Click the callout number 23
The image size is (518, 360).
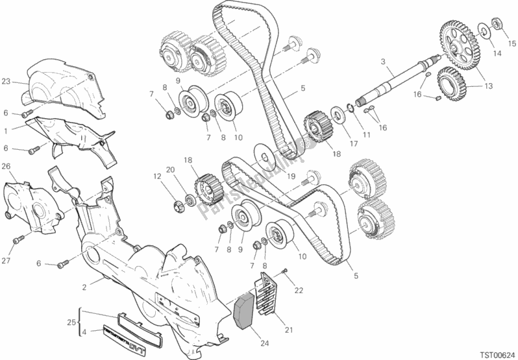[6, 82]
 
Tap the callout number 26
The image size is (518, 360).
[6, 166]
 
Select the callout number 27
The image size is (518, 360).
[6, 261]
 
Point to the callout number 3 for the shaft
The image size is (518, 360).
[384, 62]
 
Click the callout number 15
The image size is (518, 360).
[512, 43]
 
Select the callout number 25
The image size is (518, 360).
[71, 322]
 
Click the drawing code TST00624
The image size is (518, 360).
[491, 353]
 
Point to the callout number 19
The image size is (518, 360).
[291, 176]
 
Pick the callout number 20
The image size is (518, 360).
[170, 170]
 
